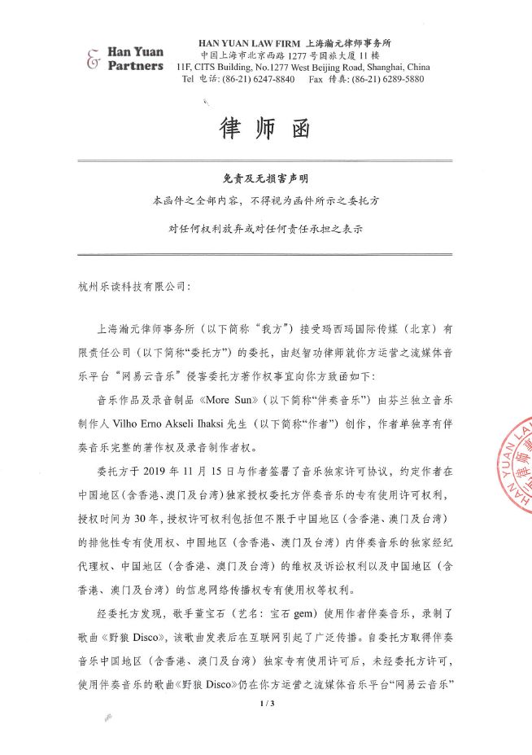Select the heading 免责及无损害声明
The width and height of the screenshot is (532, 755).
click(265, 177)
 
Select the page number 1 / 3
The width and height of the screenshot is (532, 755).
click(265, 703)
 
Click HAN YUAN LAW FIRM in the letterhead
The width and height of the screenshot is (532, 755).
click(248, 41)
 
